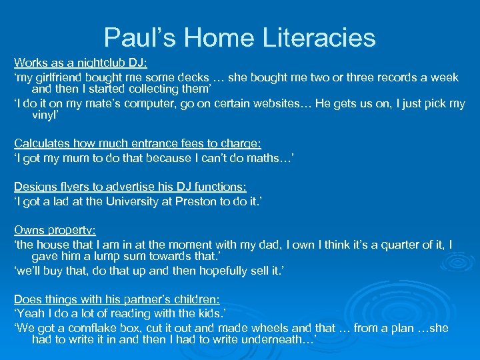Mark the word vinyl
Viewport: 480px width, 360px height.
[45, 115]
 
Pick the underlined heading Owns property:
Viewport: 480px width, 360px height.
[55, 230]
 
